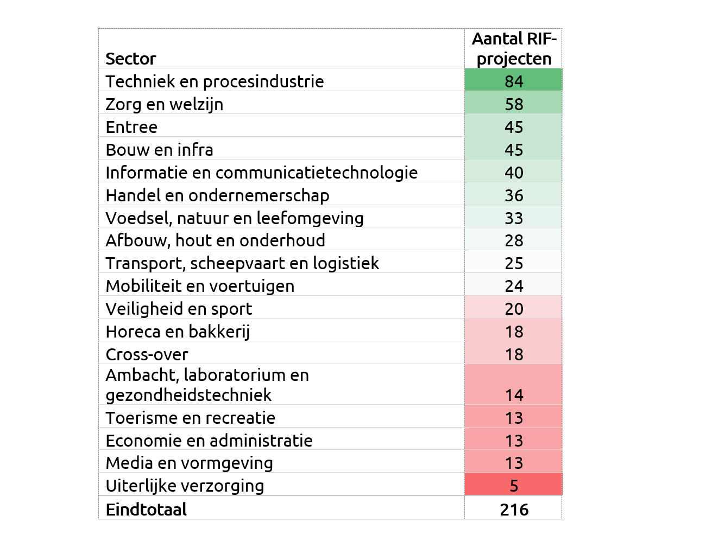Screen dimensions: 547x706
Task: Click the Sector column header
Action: click(x=131, y=59)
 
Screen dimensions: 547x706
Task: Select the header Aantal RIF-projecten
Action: click(x=514, y=49)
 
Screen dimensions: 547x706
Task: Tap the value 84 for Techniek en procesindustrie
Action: click(x=514, y=81)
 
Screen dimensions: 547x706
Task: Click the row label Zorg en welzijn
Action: click(x=165, y=104)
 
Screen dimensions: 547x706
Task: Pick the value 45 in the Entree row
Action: click(x=514, y=127)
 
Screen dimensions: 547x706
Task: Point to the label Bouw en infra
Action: click(x=160, y=150)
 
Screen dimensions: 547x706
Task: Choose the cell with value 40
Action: click(x=514, y=173)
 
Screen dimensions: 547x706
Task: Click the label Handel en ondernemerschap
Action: click(x=218, y=195)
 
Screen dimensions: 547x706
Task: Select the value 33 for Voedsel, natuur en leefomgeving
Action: click(x=514, y=218)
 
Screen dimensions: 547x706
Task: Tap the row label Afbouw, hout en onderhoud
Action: click(x=216, y=240)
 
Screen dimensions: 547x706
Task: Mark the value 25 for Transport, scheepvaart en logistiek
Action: click(x=514, y=263)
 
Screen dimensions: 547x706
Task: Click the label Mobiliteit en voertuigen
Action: click(x=200, y=286)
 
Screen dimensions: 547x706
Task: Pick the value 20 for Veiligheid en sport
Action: click(x=514, y=309)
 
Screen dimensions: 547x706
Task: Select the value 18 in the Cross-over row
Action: click(x=514, y=354)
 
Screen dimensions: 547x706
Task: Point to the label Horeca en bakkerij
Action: click(x=178, y=332)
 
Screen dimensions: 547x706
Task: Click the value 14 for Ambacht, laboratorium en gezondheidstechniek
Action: click(x=514, y=395)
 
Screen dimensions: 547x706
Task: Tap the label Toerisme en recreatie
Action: click(x=191, y=418)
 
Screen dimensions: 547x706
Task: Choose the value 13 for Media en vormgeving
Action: click(x=514, y=463)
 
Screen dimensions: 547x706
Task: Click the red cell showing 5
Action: click(x=514, y=486)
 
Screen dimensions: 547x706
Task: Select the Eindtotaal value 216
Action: click(x=514, y=510)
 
